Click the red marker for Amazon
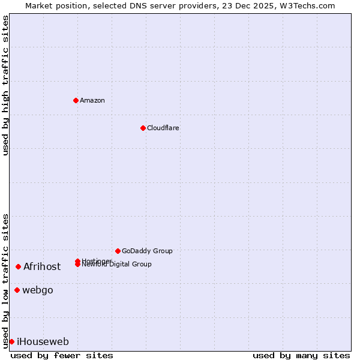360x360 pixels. [76, 100]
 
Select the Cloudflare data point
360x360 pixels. [143, 128]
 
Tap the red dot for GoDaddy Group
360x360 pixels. [118, 251]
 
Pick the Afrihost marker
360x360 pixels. [19, 266]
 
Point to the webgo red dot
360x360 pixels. [17, 290]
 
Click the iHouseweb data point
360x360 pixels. [11, 341]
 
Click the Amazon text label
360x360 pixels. [92, 100]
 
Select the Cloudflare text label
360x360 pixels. [163, 128]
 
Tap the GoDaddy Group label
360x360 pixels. [147, 251]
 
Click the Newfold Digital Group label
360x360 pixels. [118, 265]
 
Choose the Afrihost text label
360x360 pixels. [42, 266]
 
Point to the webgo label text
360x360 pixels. [38, 290]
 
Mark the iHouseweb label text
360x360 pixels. [43, 341]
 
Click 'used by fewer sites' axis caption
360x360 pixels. [62, 355]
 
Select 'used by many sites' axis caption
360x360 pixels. [301, 355]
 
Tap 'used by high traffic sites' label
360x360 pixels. [5, 85]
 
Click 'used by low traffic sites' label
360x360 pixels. [5, 280]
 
